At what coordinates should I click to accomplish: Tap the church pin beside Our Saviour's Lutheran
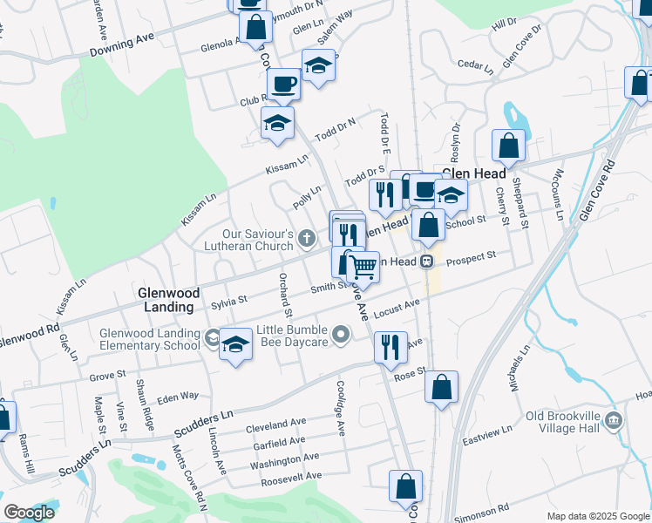point(306,237)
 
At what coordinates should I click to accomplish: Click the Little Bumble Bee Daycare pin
point(341,334)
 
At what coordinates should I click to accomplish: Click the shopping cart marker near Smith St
point(363,266)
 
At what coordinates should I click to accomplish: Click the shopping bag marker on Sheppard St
point(508,146)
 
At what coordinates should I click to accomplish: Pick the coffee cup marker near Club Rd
point(283,85)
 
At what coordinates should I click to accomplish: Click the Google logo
point(28,512)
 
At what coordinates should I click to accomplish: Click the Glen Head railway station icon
point(426,261)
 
